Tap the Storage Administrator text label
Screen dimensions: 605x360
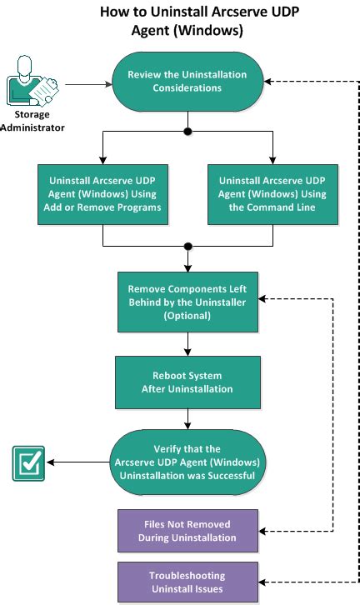pyautogui.click(x=32, y=122)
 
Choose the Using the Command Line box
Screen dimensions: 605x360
pyautogui.click(x=272, y=193)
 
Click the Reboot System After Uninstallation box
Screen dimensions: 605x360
pyautogui.click(x=187, y=381)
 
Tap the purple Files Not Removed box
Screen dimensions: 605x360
pyautogui.click(x=187, y=531)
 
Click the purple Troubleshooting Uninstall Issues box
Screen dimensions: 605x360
pyautogui.click(x=187, y=582)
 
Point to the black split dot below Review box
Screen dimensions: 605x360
pyautogui.click(x=187, y=132)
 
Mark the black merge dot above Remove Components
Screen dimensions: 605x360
pyautogui.click(x=187, y=247)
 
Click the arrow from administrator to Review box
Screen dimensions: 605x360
pyautogui.click(x=87, y=83)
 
